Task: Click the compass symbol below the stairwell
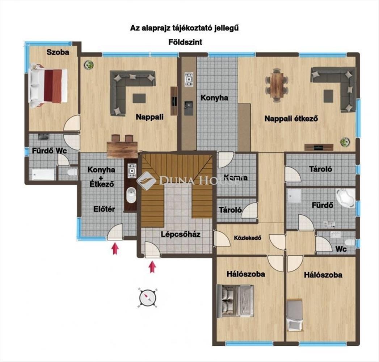(147, 297)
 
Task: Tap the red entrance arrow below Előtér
(115, 249)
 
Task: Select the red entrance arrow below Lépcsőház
(152, 267)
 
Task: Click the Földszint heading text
(185, 42)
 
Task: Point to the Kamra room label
(236, 178)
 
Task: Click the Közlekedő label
(248, 238)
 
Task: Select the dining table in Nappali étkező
(277, 85)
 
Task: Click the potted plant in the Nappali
(89, 65)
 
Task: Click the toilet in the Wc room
(350, 243)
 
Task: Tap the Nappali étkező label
(291, 119)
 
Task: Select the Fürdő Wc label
(49, 151)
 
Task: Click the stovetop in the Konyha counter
(189, 79)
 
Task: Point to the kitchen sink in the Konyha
(189, 108)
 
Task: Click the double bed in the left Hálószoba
(235, 301)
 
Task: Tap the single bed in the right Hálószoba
(295, 315)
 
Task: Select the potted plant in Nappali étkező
(345, 142)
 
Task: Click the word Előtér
(104, 209)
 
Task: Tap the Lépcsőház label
(181, 235)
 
